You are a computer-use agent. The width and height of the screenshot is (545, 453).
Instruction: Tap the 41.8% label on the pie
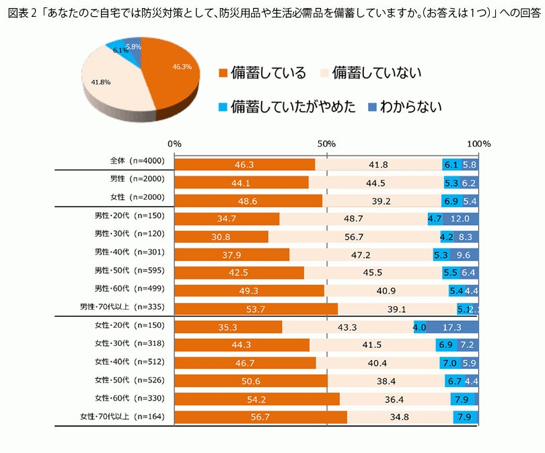100,81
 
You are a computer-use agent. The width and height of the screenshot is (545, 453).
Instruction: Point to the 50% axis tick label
326,144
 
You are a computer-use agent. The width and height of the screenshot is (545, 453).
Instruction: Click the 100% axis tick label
479,144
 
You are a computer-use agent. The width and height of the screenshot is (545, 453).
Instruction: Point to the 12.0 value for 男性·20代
460,219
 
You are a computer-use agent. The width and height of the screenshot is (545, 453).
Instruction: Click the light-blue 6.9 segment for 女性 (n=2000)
451,201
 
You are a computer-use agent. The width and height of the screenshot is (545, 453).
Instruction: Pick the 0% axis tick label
174,144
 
